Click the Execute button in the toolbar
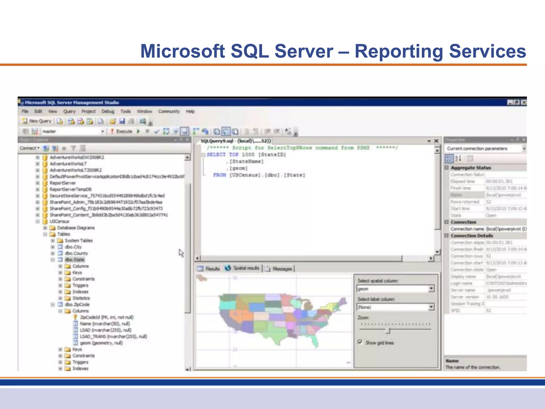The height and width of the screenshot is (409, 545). (122, 131)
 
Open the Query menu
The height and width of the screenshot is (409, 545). (69, 111)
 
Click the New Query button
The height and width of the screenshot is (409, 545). (37, 121)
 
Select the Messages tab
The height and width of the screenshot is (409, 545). (279, 269)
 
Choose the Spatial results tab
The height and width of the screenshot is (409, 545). (243, 268)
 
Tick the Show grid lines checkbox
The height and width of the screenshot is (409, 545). (360, 342)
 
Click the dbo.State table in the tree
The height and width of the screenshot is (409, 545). (75, 260)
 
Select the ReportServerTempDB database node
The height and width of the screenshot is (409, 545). (71, 189)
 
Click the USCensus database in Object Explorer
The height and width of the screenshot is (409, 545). (59, 221)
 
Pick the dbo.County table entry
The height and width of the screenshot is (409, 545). (76, 253)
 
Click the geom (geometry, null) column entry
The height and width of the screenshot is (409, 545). (101, 343)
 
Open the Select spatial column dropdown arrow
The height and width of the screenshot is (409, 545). (431, 289)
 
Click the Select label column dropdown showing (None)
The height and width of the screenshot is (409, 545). (395, 307)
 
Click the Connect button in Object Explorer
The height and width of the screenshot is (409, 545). (29, 148)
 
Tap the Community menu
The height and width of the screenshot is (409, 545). (169, 111)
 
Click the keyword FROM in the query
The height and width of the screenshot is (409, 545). (220, 175)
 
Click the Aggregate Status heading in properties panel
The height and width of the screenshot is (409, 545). (470, 168)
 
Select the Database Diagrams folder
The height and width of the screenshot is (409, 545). (76, 228)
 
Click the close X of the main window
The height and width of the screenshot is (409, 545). (523, 103)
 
